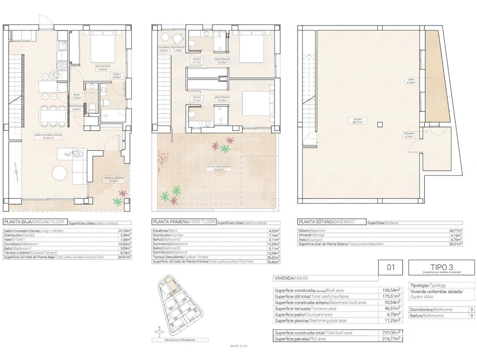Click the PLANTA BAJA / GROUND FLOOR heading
pyautogui.click(x=33, y=222)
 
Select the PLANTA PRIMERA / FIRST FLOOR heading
pyautogui.click(x=184, y=222)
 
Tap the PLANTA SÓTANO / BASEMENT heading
pyautogui.click(x=331, y=222)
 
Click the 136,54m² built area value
pyautogui.click(x=392, y=290)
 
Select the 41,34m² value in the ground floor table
pyautogui.click(x=124, y=231)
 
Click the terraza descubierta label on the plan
pyautogui.click(x=218, y=168)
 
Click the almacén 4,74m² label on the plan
pyautogui.click(x=409, y=134)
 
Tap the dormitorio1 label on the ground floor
pyautogui.click(x=103, y=67)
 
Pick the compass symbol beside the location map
pyautogui.click(x=159, y=332)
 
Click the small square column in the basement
pyautogui.click(x=380, y=124)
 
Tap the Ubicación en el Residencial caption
pyautogui.click(x=174, y=340)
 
